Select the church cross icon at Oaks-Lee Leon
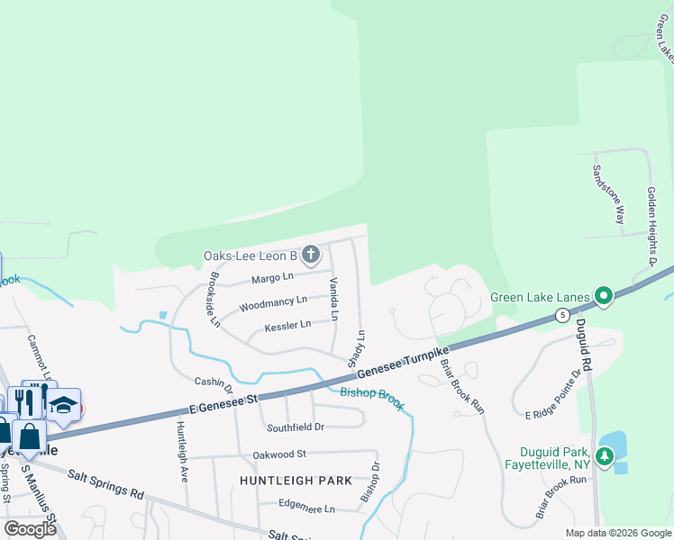point(310,256)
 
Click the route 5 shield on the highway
point(561,314)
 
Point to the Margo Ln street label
point(272,277)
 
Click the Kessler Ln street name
point(287,326)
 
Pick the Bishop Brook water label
point(372,398)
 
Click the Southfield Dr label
point(294,427)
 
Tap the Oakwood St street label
point(279,454)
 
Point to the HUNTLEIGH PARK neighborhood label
point(296,481)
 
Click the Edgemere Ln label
point(306,508)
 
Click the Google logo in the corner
point(30,529)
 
